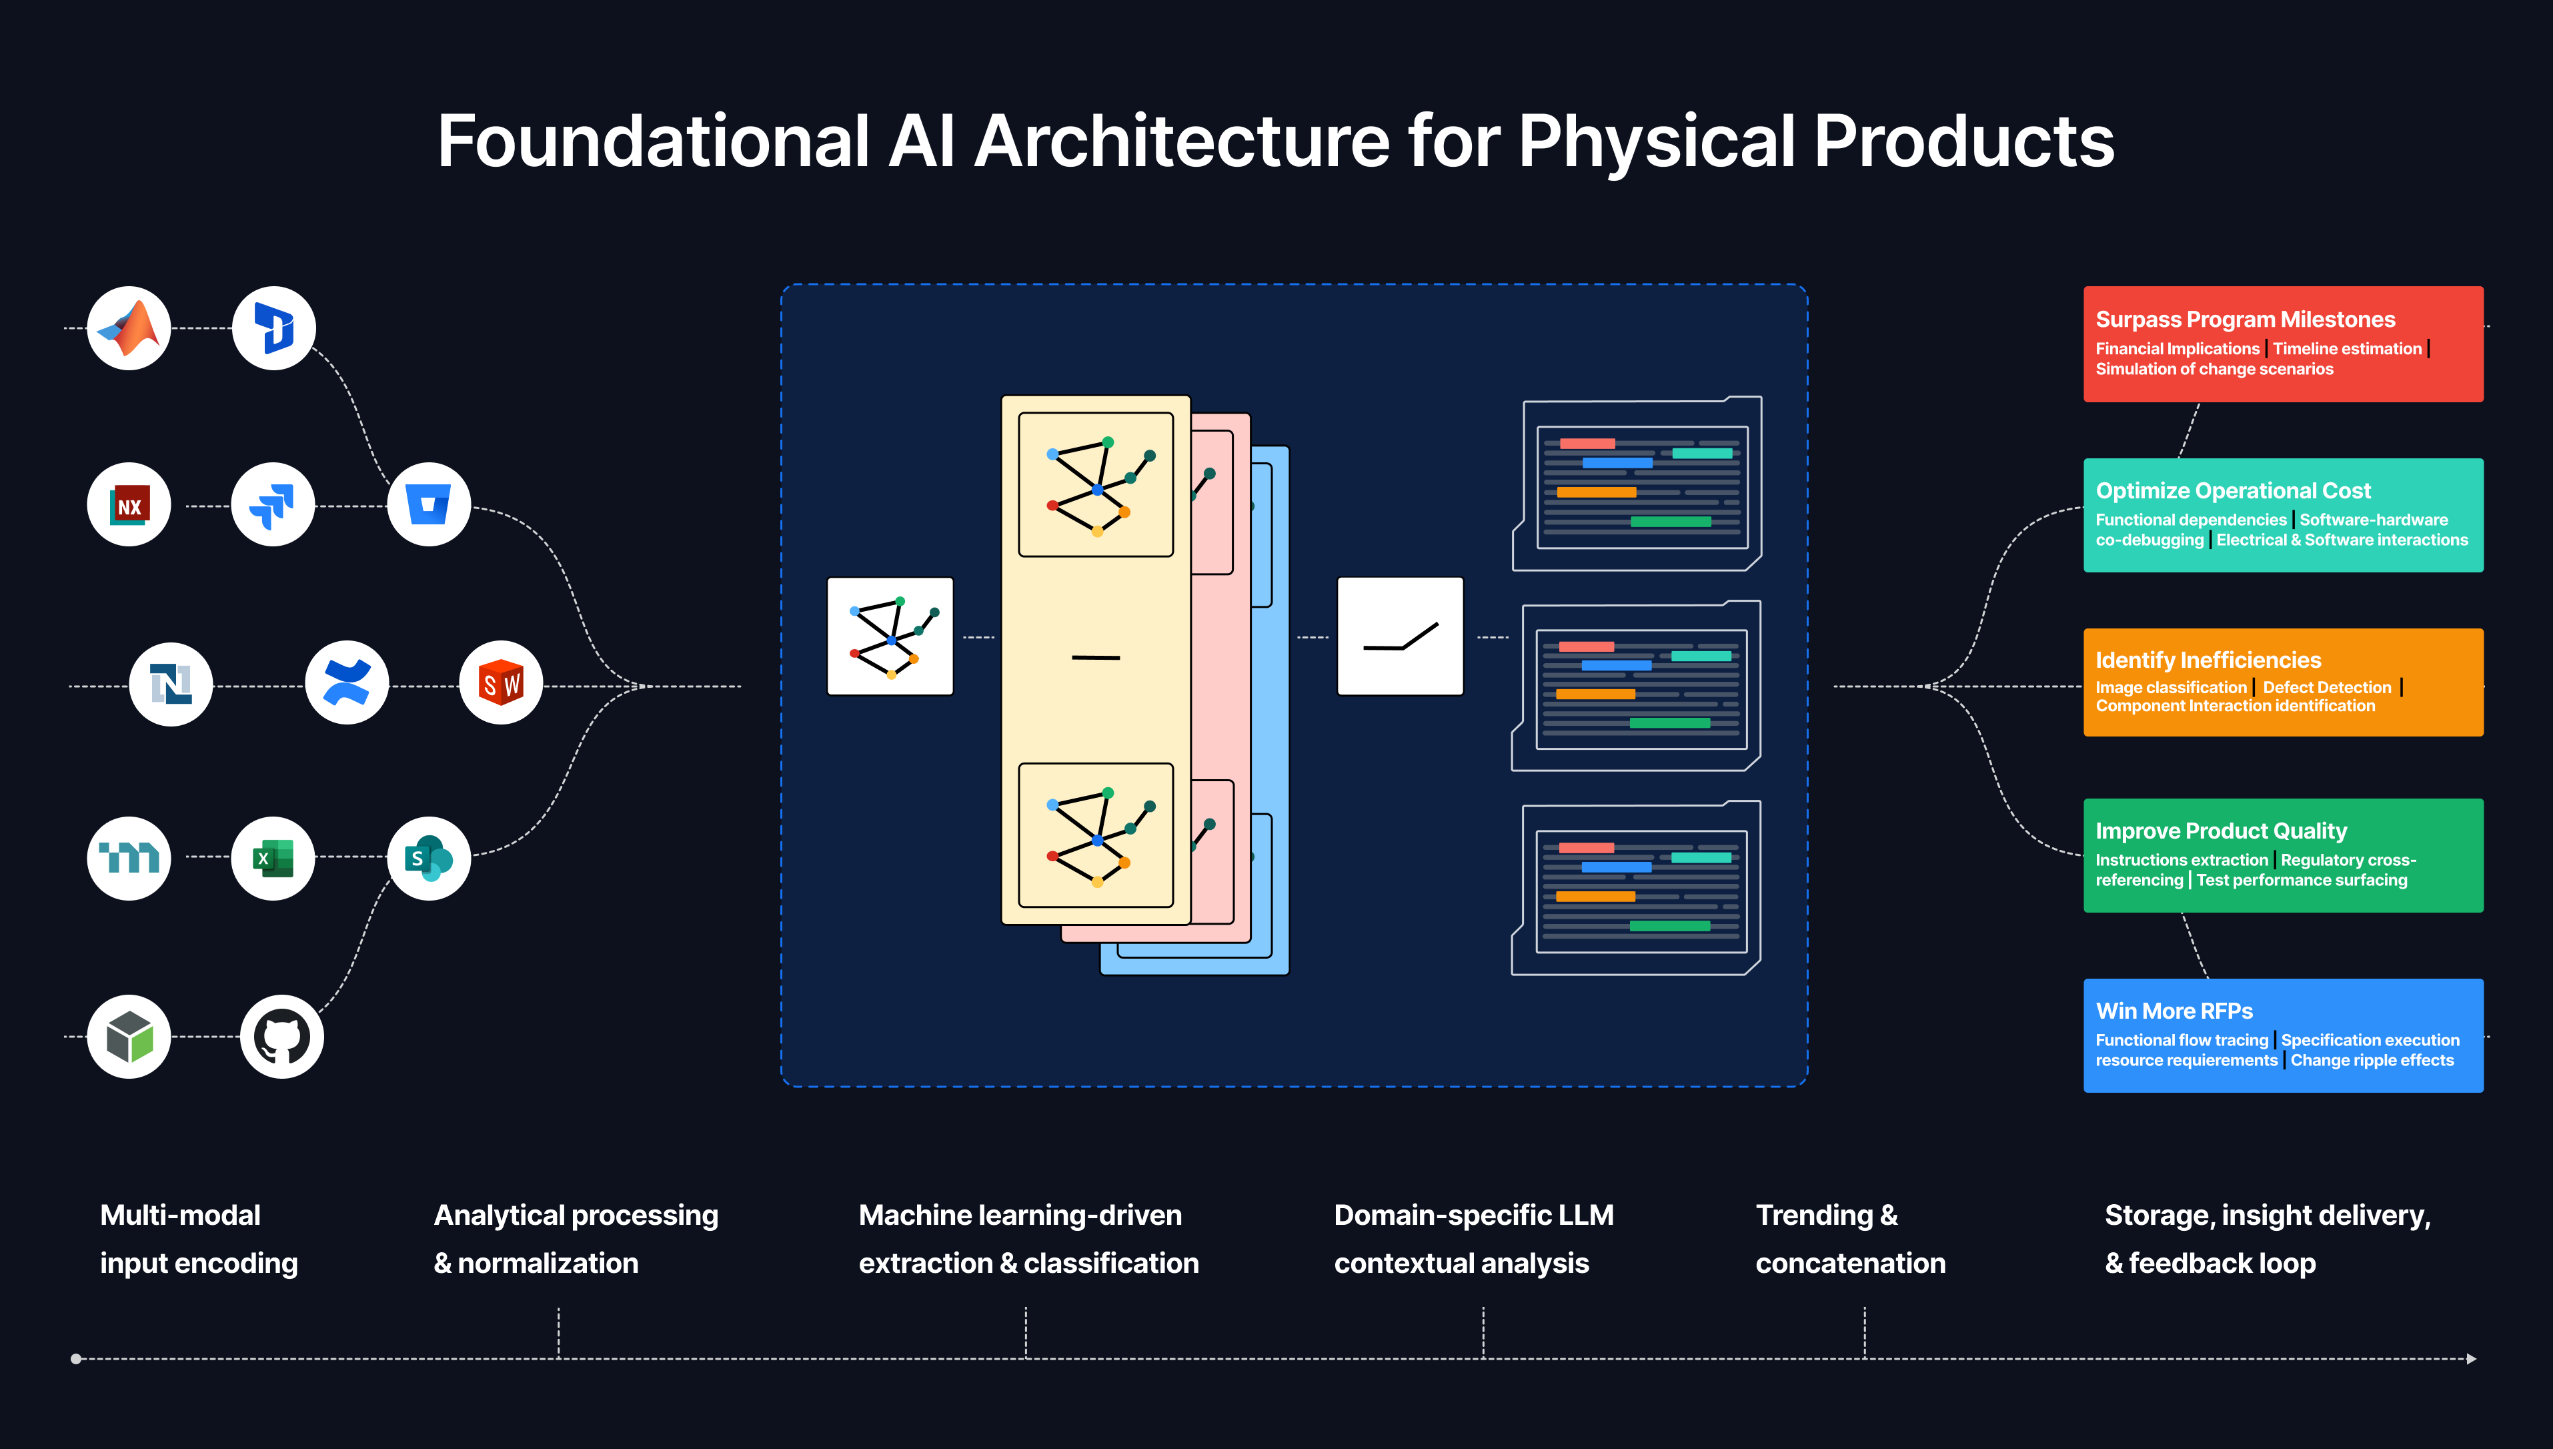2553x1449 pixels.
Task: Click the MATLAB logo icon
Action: pyautogui.click(x=129, y=328)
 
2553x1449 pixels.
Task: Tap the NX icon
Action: pyautogui.click(x=129, y=506)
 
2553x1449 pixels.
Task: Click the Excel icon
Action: pyautogui.click(x=273, y=858)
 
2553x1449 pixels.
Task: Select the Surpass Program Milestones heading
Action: pyautogui.click(x=2245, y=320)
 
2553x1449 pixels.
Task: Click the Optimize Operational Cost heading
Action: pyautogui.click(x=2233, y=490)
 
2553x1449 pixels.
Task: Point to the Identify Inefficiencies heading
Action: pyautogui.click(x=2208, y=660)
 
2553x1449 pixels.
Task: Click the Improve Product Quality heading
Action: pyautogui.click(x=2221, y=831)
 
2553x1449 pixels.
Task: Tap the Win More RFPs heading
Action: pyautogui.click(x=2174, y=1011)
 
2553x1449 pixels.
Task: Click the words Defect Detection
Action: pyautogui.click(x=2326, y=688)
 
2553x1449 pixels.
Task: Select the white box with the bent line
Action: pyautogui.click(x=1400, y=636)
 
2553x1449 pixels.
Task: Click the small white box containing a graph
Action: pyautogui.click(x=890, y=636)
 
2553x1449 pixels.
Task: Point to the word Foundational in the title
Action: pyautogui.click(x=654, y=141)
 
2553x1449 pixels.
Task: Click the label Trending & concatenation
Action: pyautogui.click(x=1849, y=1239)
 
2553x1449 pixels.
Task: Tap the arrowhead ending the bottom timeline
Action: pyautogui.click(x=2472, y=1358)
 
